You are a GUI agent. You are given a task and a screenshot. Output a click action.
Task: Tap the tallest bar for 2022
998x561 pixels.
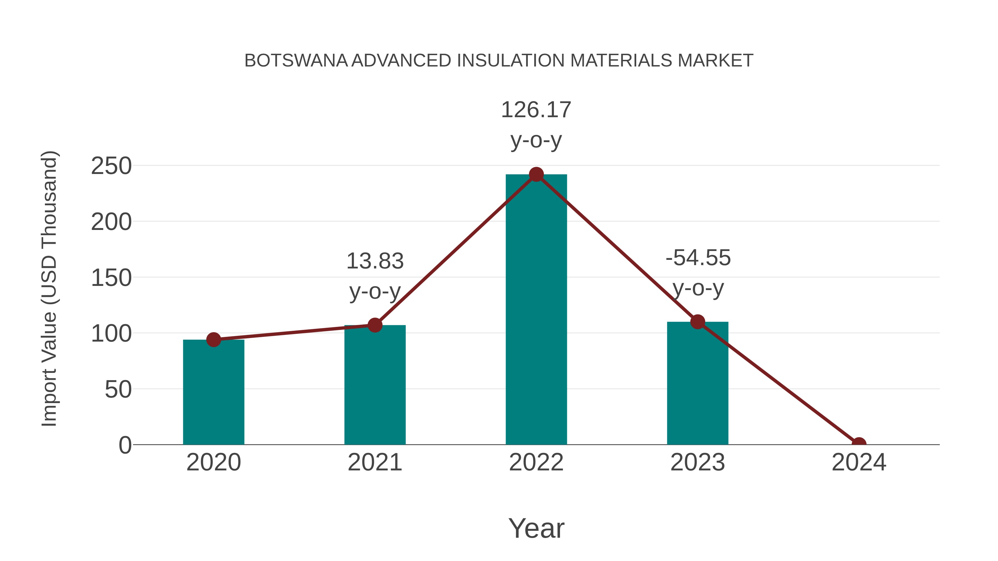coord(536,310)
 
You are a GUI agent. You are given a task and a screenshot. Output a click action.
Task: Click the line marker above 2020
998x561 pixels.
coord(213,340)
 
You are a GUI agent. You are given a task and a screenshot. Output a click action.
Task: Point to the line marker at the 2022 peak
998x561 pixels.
coord(536,175)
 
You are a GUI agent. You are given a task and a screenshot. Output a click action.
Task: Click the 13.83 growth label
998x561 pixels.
coord(375,261)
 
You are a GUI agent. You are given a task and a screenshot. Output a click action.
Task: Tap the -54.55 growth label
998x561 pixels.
coord(698,258)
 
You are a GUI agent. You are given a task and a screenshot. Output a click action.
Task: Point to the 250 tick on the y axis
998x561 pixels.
coord(111,166)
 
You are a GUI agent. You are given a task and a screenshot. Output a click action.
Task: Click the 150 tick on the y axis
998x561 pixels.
coord(111,278)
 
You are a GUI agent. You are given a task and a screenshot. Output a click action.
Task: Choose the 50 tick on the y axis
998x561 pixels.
coord(118,390)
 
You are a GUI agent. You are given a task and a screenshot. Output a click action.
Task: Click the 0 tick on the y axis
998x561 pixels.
coord(125,445)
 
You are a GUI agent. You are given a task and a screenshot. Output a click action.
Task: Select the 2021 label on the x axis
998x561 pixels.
coord(375,462)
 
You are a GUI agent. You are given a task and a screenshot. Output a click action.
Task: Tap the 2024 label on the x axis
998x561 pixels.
coord(859,462)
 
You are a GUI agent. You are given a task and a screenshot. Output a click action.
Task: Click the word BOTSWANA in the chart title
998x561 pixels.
coord(296,61)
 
